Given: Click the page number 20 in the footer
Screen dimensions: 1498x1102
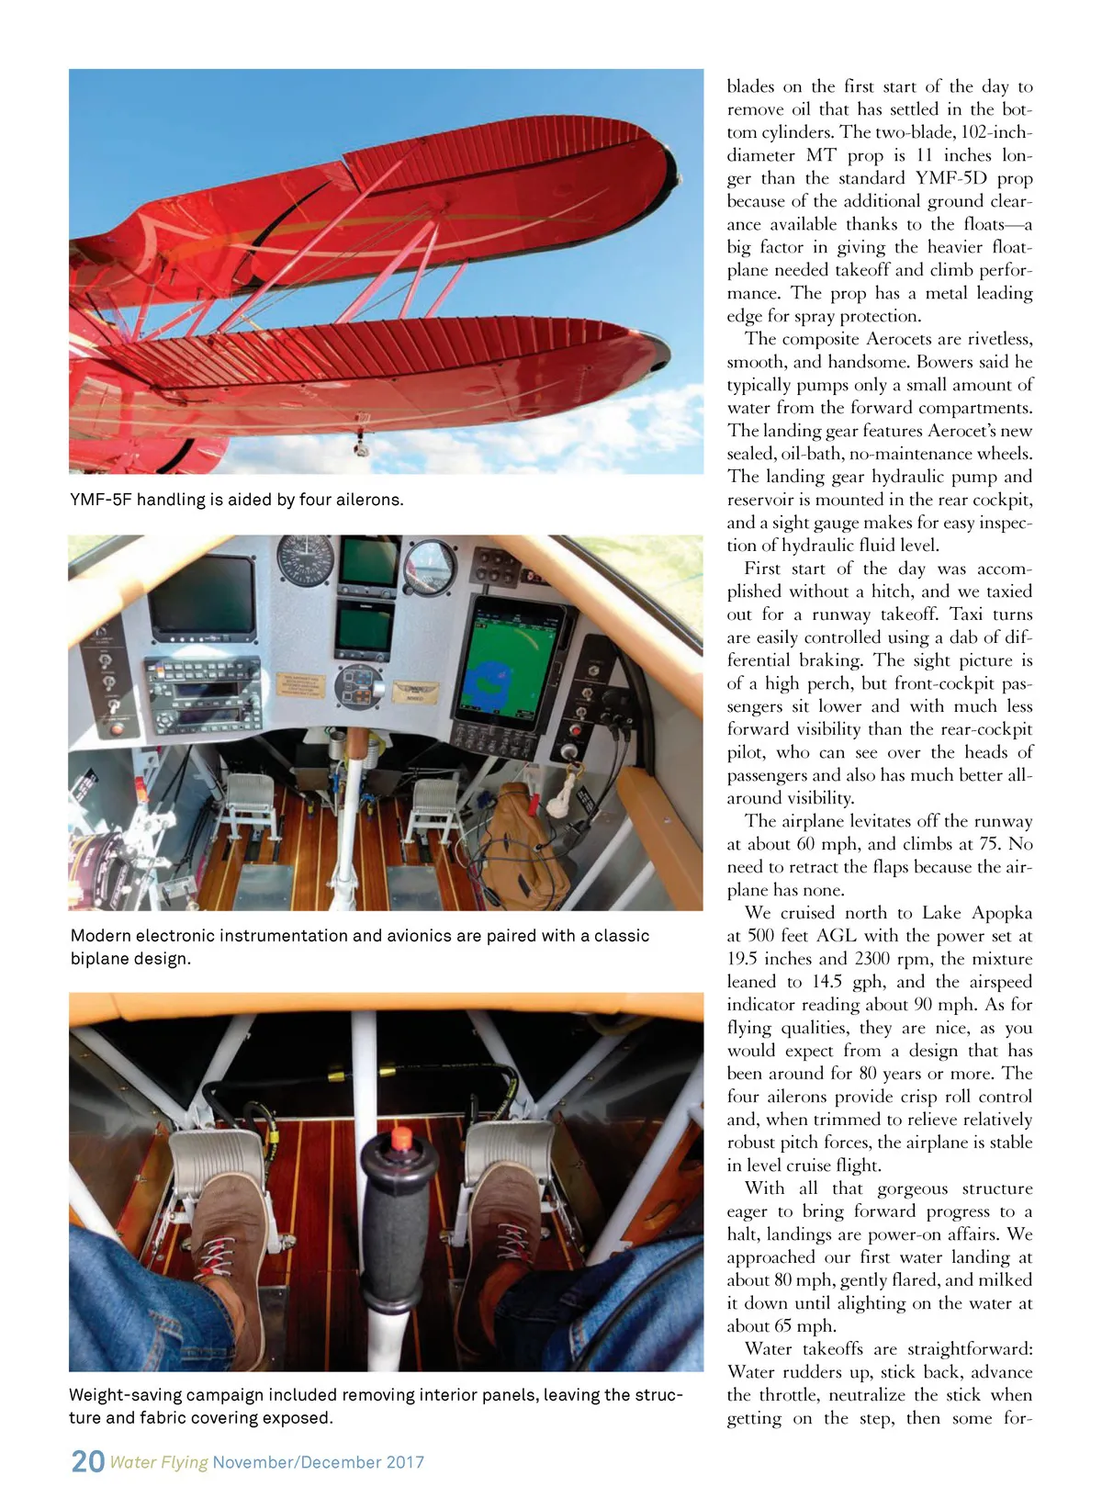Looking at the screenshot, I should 88,1461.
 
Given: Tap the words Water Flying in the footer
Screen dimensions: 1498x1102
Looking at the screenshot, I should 159,1462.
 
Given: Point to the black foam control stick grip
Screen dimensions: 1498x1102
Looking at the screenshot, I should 396,1212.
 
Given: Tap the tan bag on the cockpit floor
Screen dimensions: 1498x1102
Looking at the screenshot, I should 524,845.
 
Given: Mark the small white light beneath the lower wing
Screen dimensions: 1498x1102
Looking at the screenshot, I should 359,448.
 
